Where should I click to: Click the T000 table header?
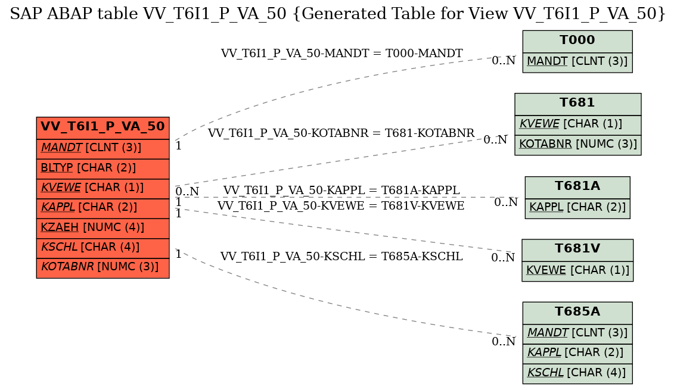point(577,42)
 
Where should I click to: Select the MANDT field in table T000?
point(577,62)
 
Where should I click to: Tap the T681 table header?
point(577,104)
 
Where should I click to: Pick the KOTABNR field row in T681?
point(577,145)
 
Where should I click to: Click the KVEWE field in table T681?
point(577,124)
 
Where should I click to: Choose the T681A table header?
point(577,187)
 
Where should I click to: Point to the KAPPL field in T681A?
point(577,208)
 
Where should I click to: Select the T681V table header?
point(577,250)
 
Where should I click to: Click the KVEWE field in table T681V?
point(577,271)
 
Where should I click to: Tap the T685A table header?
point(577,313)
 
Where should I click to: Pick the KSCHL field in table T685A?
point(577,373)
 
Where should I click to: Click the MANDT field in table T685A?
point(577,333)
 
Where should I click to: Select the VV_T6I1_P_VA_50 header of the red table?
point(103,128)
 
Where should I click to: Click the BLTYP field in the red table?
point(103,169)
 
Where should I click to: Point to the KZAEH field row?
point(103,228)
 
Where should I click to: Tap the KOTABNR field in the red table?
point(103,268)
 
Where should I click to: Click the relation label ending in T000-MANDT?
point(341,54)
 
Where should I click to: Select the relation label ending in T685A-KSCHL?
point(341,257)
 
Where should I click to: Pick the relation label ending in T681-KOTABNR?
point(341,133)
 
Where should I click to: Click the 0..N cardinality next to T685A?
point(504,342)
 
